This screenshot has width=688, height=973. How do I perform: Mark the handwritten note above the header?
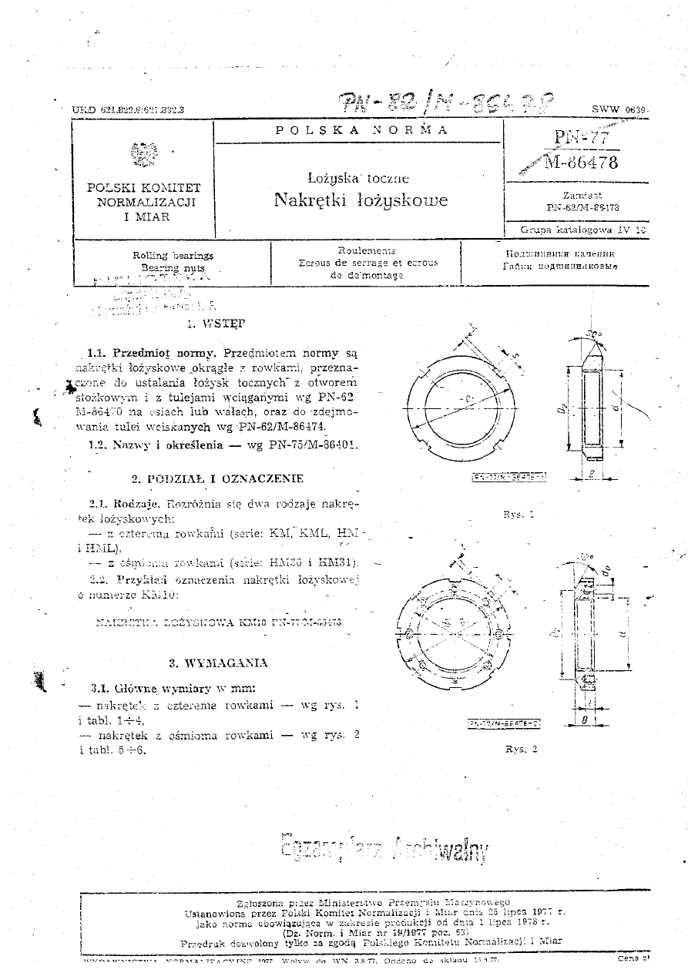point(447,100)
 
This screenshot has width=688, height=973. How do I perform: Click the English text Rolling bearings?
point(173,255)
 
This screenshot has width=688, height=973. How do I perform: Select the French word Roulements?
point(367,251)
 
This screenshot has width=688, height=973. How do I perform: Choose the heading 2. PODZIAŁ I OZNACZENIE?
point(217,478)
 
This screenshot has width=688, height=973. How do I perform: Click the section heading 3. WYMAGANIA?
point(218,663)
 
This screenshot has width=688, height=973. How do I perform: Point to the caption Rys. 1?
point(519,513)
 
